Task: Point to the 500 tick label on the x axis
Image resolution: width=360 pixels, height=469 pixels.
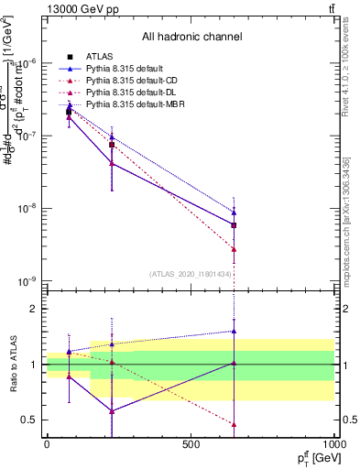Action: tap(191, 443)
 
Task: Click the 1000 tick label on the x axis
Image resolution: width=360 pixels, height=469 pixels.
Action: tap(333, 443)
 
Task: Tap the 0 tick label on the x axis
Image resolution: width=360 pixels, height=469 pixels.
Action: tap(47, 443)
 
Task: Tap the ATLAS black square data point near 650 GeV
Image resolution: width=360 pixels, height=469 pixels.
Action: tap(235, 224)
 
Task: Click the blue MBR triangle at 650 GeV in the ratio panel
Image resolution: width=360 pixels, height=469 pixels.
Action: tap(235, 332)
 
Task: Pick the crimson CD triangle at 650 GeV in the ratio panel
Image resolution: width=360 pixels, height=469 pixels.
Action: tap(235, 424)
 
